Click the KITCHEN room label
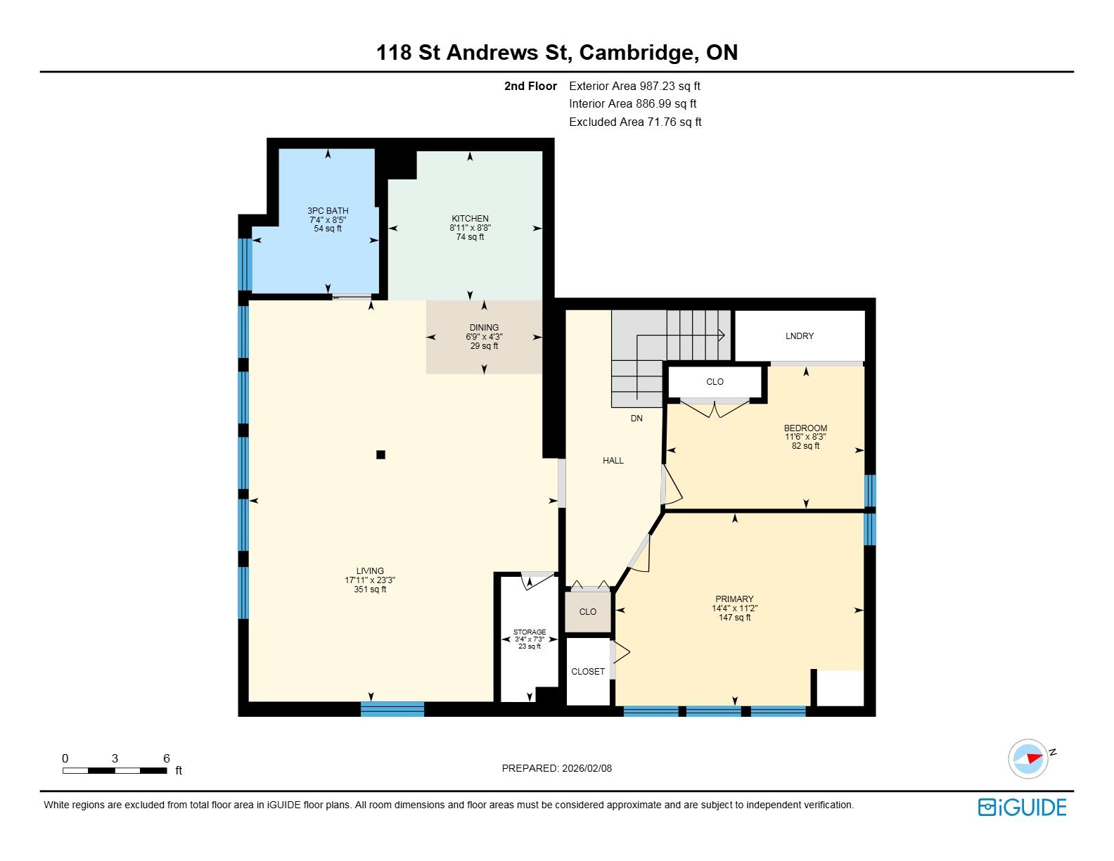click(470, 219)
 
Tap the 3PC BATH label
click(328, 211)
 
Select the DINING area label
click(484, 328)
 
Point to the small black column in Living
click(380, 454)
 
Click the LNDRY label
click(799, 336)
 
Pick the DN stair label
click(636, 419)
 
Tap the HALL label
click(613, 461)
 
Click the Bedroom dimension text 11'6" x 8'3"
click(805, 437)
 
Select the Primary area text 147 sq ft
click(734, 618)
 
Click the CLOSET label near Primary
click(587, 671)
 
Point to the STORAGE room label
click(530, 632)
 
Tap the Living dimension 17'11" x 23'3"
click(370, 580)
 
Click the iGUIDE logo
click(1023, 807)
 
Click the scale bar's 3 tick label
click(115, 758)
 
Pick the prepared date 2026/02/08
click(587, 768)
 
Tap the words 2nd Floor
click(530, 86)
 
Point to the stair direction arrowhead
click(722, 336)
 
